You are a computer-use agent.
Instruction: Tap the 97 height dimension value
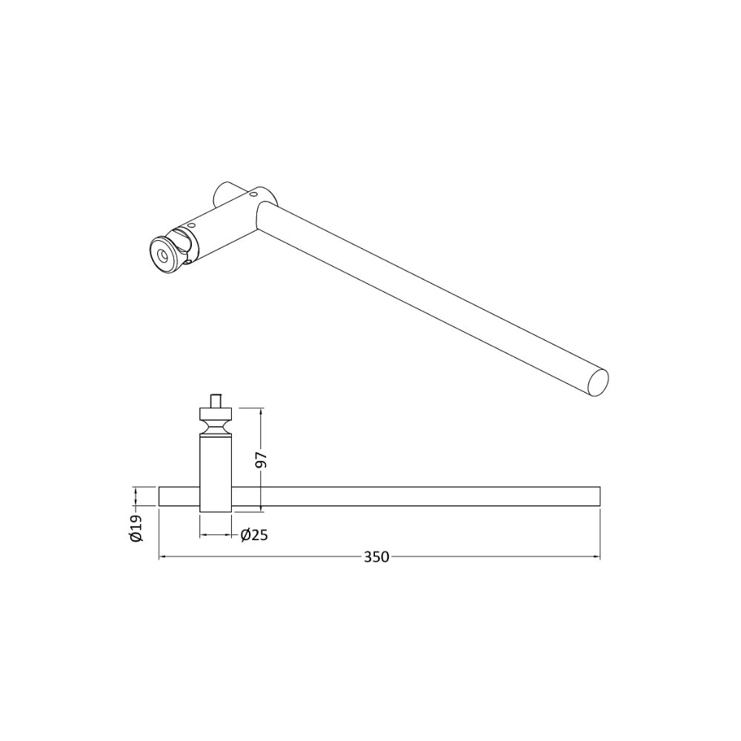point(262,460)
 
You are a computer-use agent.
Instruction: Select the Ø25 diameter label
point(254,535)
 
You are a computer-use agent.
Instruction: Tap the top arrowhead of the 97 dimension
point(261,411)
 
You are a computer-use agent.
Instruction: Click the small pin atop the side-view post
point(216,401)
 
